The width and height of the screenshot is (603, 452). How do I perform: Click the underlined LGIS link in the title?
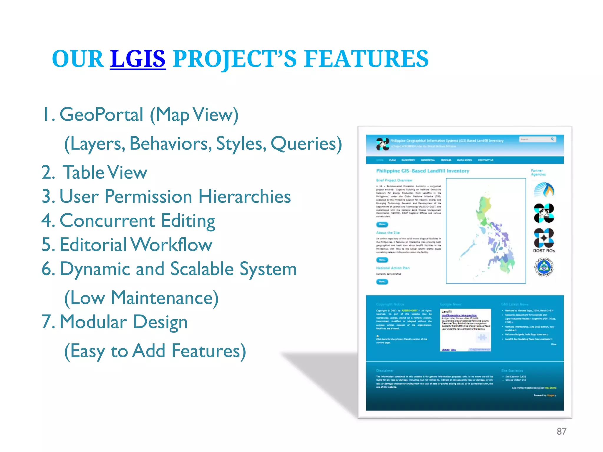(x=138, y=59)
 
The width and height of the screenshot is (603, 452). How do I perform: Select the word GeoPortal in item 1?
(x=102, y=114)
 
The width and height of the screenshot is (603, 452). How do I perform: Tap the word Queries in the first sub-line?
(x=306, y=144)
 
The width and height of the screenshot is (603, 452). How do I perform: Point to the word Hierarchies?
(x=245, y=197)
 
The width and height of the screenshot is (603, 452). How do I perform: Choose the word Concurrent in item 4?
(x=107, y=221)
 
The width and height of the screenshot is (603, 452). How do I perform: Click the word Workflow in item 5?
(x=171, y=245)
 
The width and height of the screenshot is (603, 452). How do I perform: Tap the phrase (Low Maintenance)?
(x=141, y=298)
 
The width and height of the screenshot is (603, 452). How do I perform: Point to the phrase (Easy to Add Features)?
(x=155, y=351)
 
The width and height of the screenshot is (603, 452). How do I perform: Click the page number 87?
(x=561, y=431)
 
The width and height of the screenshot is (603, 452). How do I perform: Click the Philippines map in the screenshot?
(x=486, y=231)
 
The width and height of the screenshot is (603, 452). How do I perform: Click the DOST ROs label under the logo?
(x=544, y=251)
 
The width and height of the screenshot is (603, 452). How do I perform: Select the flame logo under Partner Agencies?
(x=544, y=190)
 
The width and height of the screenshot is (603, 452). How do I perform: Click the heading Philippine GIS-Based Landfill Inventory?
(x=423, y=171)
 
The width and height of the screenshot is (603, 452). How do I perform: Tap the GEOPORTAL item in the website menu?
(x=428, y=160)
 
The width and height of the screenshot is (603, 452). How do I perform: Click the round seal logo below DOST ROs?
(x=544, y=267)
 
